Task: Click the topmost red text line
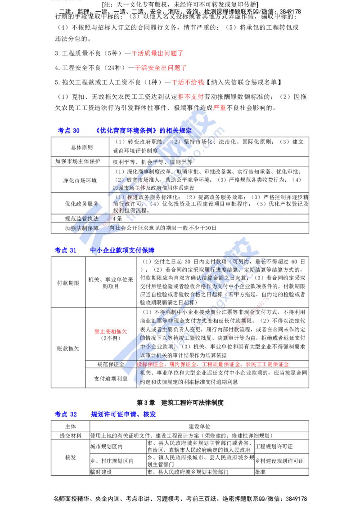pyautogui.click(x=157, y=54)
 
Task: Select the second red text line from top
pyautogui.click(x=160, y=68)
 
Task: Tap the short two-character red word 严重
pyautogui.click(x=220, y=108)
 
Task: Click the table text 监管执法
pyautogui.click(x=88, y=219)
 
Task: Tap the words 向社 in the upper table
pyautogui.click(x=115, y=228)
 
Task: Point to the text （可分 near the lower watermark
pyautogui.click(x=238, y=261)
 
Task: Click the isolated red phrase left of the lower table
pyautogui.click(x=110, y=331)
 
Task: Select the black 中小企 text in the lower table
pyautogui.click(x=148, y=347)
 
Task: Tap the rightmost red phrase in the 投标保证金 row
pyautogui.click(x=268, y=364)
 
